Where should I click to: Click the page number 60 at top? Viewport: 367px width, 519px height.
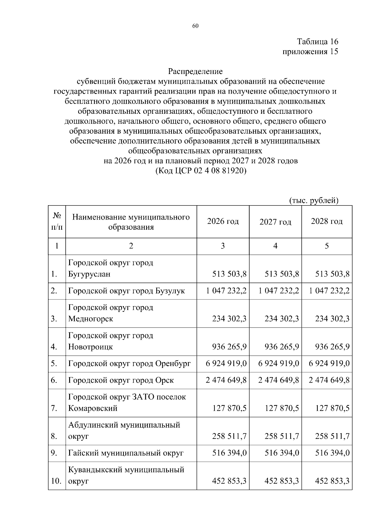[x=195, y=26]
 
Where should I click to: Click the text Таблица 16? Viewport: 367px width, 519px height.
[x=317, y=42]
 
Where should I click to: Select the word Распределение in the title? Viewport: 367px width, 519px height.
[x=195, y=71]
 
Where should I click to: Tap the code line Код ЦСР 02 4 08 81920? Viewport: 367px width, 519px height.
[x=201, y=171]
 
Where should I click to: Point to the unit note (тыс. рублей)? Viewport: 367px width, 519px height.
[x=313, y=200]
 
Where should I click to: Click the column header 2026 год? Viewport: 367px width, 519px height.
[x=223, y=221]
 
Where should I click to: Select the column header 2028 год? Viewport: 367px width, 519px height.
[x=327, y=221]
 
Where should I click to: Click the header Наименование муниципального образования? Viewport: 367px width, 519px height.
[x=131, y=222]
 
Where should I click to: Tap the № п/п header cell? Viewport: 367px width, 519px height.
[x=57, y=221]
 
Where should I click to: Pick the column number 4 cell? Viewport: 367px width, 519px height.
[x=275, y=246]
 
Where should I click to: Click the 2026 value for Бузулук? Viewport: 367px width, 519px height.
[x=226, y=291]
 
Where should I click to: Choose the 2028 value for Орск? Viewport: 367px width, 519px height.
[x=329, y=380]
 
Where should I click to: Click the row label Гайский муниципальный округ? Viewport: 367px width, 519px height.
[x=126, y=453]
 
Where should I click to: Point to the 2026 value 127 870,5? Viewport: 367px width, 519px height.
[x=229, y=408]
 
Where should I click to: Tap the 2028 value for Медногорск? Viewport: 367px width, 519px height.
[x=332, y=319]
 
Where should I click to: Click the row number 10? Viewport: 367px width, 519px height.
[x=56, y=481]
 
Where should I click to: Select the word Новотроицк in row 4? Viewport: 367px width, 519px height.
[x=91, y=347]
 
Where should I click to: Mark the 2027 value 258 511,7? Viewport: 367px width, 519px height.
[x=282, y=436]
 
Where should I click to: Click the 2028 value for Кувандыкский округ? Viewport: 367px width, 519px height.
[x=332, y=481]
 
